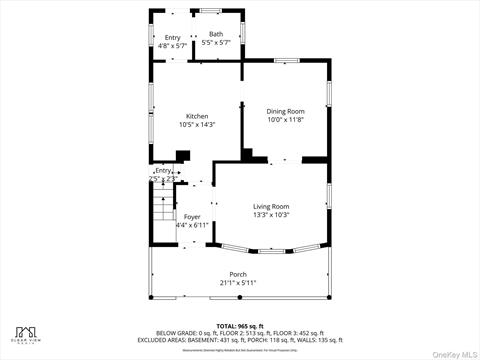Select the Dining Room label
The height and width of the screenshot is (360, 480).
(x=283, y=111)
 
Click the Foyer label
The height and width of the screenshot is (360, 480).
(x=191, y=216)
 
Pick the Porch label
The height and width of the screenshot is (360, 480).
(x=238, y=274)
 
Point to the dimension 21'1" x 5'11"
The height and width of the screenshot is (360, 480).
(x=238, y=283)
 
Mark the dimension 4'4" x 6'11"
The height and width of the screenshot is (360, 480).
(x=191, y=225)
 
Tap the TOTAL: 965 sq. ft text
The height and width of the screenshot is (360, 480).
(x=239, y=326)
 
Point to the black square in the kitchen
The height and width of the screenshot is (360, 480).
(x=183, y=156)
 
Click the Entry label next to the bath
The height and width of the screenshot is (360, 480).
(x=173, y=37)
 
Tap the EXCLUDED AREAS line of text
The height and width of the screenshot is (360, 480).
(x=239, y=339)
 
